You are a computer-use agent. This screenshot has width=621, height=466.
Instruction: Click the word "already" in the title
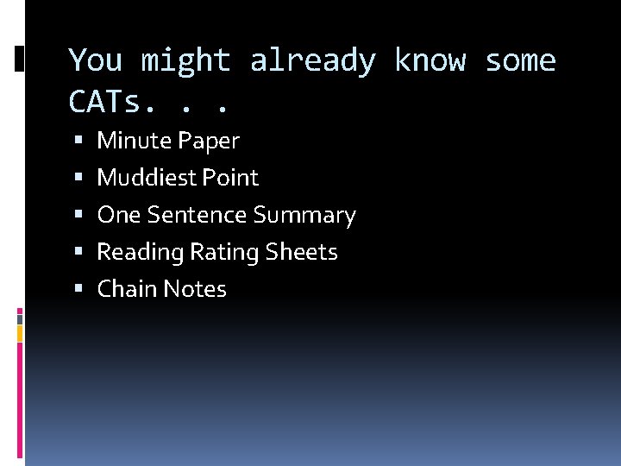click(313, 61)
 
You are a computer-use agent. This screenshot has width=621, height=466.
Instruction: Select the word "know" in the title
click(430, 61)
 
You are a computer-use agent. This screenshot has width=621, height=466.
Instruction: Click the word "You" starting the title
click(95, 61)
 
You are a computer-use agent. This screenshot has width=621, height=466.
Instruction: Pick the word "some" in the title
click(521, 61)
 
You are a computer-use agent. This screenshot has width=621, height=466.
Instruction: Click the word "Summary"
click(304, 215)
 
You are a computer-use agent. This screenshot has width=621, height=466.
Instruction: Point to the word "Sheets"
click(302, 252)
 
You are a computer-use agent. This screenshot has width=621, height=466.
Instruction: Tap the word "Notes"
click(194, 289)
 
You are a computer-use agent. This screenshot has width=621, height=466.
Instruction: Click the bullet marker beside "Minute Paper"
click(78, 141)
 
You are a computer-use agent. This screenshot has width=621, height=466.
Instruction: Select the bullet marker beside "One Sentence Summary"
click(78, 215)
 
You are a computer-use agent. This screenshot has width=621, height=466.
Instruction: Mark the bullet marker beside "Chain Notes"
click(78, 289)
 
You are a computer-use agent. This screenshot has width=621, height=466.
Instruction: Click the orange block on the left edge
click(20, 333)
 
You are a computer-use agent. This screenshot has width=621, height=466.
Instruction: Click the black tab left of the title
click(20, 59)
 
